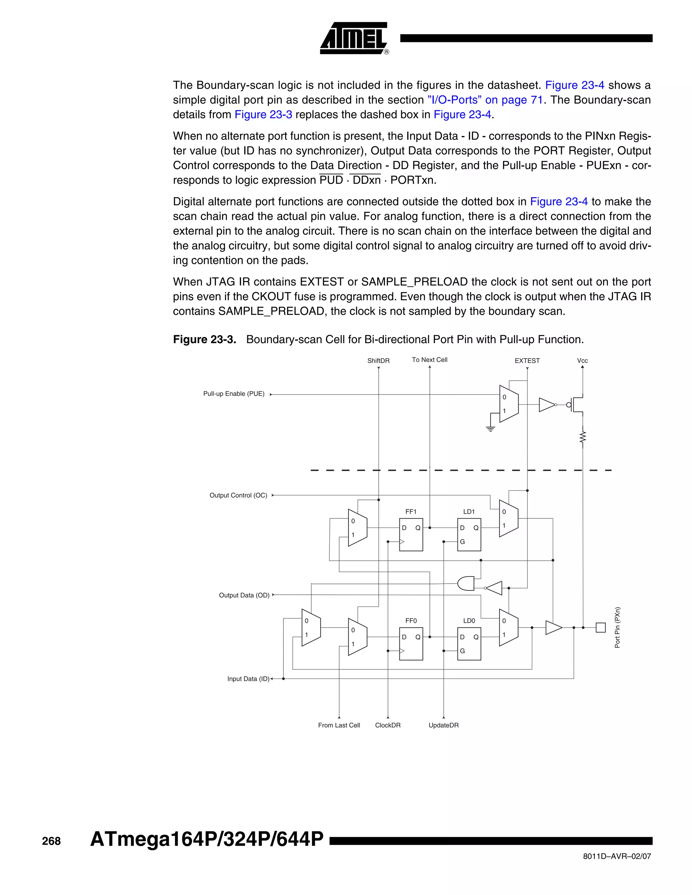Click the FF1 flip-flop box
411,535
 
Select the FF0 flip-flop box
411,644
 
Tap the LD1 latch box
469,535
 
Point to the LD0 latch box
469,644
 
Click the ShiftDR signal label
378,361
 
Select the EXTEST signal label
527,361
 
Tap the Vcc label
582,361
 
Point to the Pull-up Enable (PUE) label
234,394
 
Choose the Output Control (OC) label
238,495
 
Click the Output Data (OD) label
244,595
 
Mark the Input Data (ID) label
248,679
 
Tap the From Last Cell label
339,725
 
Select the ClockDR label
388,725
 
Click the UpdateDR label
444,725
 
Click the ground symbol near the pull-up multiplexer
490,429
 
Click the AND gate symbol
466,584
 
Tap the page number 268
51,841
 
